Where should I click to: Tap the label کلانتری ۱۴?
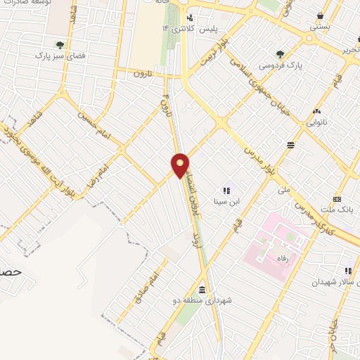pos(176,28)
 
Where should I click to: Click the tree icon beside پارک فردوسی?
pos(280,53)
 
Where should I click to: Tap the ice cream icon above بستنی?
pos(321,15)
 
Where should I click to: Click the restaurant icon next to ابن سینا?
pos(226,190)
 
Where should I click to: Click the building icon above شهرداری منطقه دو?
pos(202,290)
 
